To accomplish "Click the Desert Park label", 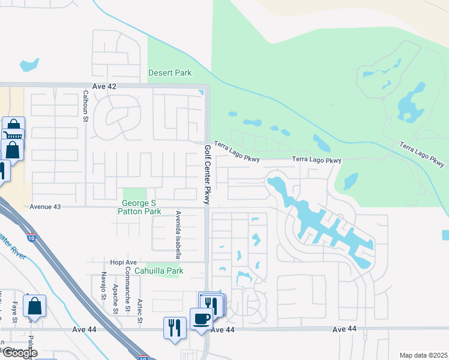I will click(170, 73).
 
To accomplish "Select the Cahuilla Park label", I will click(158, 271).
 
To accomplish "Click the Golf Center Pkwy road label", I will click(207, 175).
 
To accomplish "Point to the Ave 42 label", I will click(104, 86).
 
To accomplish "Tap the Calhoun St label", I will click(86, 106).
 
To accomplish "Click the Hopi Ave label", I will click(124, 262).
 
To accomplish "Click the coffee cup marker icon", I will click(201, 318).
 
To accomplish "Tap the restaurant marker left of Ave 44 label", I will click(175, 328).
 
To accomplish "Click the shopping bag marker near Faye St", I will click(35, 306).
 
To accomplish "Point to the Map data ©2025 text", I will click(423, 355).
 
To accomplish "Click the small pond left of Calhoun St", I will click(29, 64).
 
